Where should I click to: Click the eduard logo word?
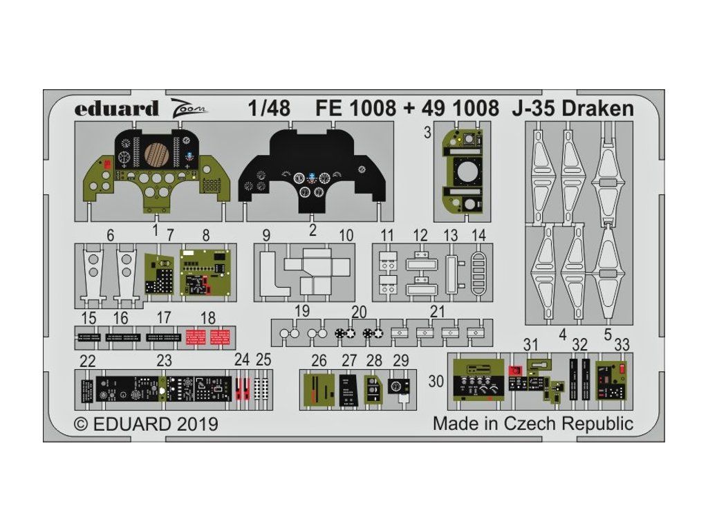(116, 109)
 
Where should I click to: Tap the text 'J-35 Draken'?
(573, 109)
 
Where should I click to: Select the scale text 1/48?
(269, 109)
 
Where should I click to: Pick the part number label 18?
(207, 318)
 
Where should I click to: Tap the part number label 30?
(436, 382)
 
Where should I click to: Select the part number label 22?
(88, 361)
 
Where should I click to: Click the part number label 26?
(319, 360)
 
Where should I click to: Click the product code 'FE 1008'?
(355, 109)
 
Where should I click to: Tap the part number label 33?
(622, 346)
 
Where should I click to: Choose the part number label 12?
(420, 235)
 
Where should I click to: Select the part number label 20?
(360, 312)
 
